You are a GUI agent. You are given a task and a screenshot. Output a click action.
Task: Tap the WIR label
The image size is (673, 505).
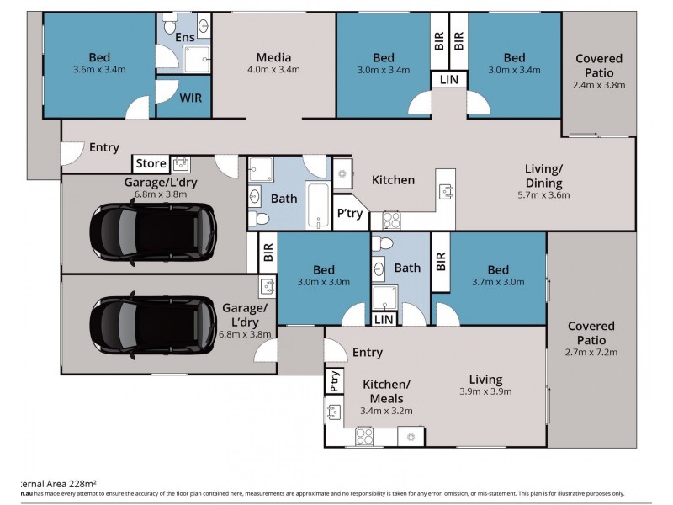[x=191, y=97]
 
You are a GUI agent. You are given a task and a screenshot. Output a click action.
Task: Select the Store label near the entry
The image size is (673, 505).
[x=151, y=163]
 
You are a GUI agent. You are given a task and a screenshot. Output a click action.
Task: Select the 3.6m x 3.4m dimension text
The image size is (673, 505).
[x=99, y=72]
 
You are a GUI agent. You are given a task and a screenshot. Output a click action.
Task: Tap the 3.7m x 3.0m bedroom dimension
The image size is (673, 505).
[x=498, y=283]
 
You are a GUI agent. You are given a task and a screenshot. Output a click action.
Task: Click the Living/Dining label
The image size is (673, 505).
[x=543, y=175]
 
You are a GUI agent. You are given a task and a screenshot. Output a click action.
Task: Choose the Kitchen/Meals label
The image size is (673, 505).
[x=383, y=391]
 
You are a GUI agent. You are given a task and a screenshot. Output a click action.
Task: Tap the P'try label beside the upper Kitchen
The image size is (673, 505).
[x=349, y=214]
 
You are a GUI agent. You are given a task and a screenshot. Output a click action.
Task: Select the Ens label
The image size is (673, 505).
[x=185, y=38]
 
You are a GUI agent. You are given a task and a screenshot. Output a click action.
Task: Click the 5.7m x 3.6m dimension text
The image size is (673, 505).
[x=543, y=194]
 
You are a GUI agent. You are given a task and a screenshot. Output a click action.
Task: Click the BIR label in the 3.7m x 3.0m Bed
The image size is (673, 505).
[x=439, y=262]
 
